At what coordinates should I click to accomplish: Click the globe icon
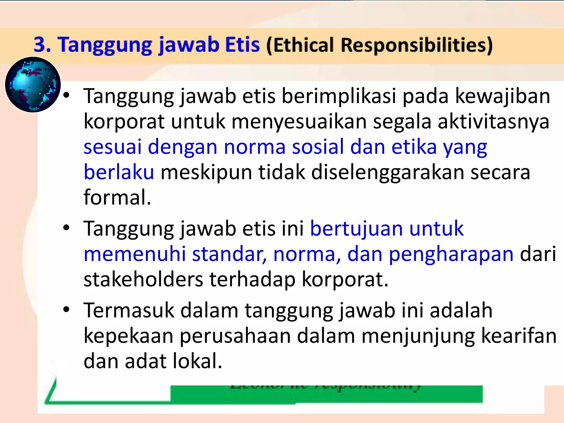[33, 85]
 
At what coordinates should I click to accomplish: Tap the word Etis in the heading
[242, 45]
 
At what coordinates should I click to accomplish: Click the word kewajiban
[502, 96]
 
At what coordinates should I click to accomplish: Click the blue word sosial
[318, 147]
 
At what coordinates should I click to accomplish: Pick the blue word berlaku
[119, 172]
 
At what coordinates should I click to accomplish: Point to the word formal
[117, 197]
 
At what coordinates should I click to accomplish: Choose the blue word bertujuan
[356, 229]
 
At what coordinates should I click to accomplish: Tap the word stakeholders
[143, 280]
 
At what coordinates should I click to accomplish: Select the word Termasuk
[129, 310]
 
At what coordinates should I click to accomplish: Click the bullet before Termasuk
[66, 310]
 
